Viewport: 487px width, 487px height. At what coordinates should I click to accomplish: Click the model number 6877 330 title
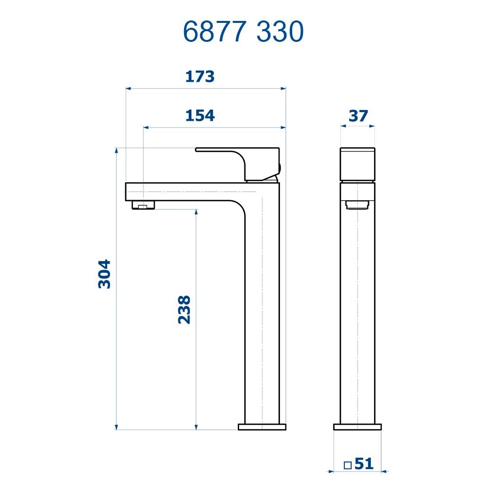tap(243, 32)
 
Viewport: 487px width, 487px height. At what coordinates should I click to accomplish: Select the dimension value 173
tap(200, 76)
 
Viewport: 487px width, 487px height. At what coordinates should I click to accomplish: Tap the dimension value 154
tap(200, 116)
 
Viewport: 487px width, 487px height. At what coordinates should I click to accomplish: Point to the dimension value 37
tap(358, 116)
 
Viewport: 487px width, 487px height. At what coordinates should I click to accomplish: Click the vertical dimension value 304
tap(105, 274)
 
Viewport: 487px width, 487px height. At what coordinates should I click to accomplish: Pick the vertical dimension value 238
tap(184, 309)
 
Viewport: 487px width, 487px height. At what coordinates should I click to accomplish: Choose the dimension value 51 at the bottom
tap(364, 464)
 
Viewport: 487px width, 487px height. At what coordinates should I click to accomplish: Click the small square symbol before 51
tap(348, 465)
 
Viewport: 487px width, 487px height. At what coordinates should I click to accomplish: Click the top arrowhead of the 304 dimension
tap(116, 150)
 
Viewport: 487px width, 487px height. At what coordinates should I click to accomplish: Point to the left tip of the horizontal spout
tap(127, 191)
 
